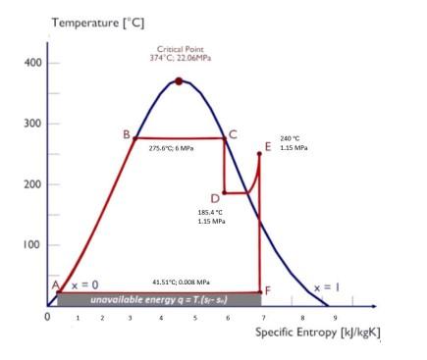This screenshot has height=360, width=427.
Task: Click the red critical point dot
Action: point(178,81)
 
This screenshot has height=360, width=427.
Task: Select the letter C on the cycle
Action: point(233,134)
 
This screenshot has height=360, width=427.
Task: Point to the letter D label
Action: point(215,199)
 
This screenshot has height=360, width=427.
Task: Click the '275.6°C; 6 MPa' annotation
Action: point(173,148)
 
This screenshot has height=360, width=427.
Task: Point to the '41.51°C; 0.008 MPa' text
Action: point(181,282)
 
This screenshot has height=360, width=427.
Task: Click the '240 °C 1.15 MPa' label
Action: point(294,143)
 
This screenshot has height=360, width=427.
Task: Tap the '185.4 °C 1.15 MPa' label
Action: point(211,216)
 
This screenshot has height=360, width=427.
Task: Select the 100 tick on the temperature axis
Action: point(32,245)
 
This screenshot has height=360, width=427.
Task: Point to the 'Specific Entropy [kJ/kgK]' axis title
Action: point(317,332)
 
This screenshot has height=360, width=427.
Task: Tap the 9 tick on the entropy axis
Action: point(335,318)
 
